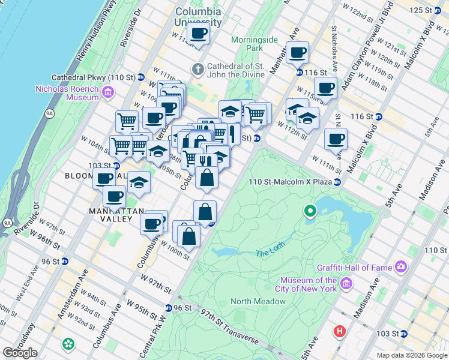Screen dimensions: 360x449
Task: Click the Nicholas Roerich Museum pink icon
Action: [108, 92]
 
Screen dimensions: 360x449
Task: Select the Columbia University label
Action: [198, 16]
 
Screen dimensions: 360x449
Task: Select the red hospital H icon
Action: [340, 331]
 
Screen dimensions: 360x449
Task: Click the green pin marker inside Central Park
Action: [310, 211]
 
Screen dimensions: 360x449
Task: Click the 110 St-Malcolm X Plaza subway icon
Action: [338, 182]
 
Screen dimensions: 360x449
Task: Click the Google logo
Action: [20, 352]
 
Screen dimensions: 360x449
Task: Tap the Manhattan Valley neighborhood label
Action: [117, 215]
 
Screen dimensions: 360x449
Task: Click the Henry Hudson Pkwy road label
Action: [96, 33]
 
